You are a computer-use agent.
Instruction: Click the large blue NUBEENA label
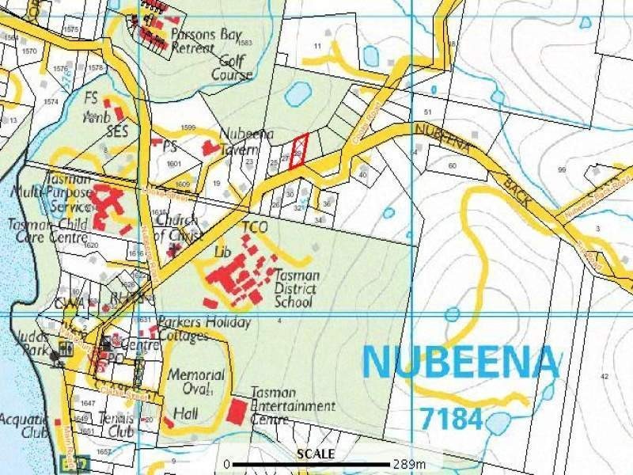[x=461, y=363]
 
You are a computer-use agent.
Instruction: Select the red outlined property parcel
[x=298, y=151]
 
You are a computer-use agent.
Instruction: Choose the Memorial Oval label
[x=195, y=382]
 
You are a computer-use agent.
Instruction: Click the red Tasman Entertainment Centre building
[x=237, y=412]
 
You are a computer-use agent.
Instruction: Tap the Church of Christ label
[x=179, y=229]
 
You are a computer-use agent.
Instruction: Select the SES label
[x=117, y=129]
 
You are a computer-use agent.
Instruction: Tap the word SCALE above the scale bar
[x=316, y=454]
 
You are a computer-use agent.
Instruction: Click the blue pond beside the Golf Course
[x=298, y=94]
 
